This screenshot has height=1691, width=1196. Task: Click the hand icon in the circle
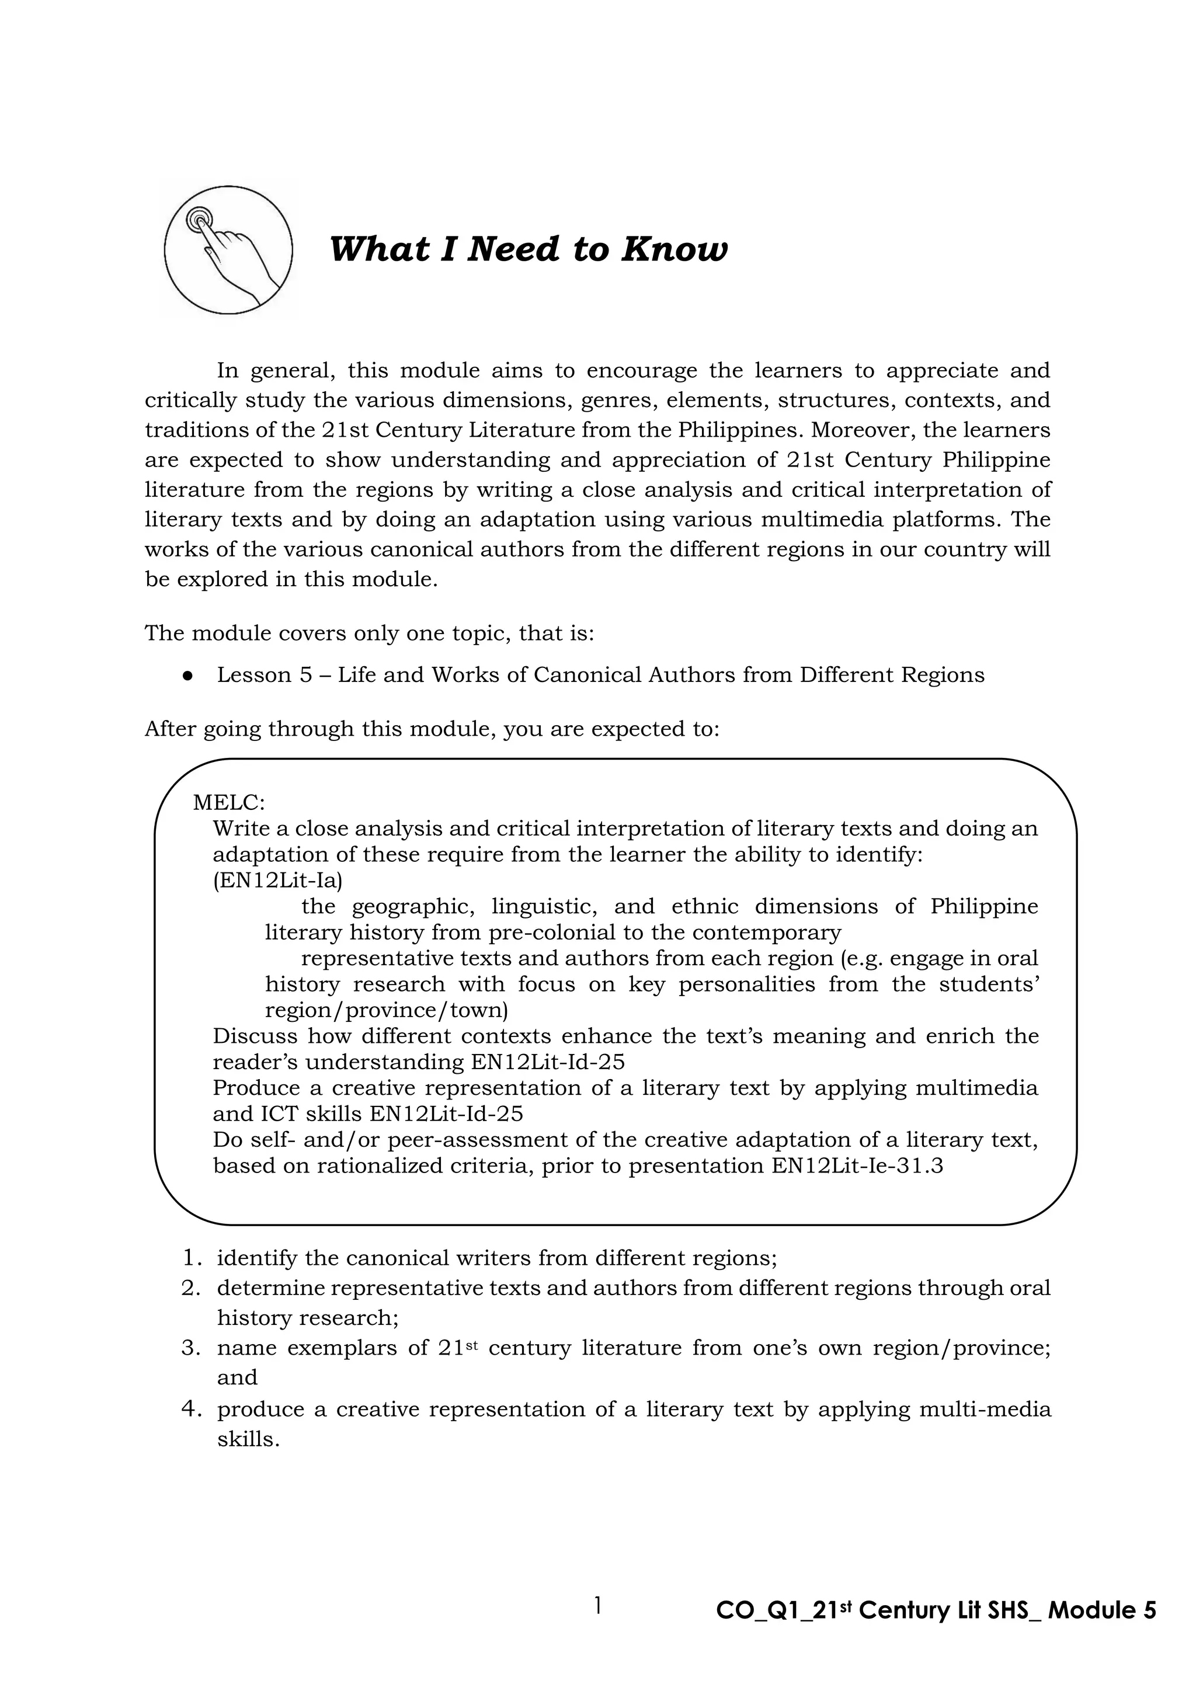(x=228, y=250)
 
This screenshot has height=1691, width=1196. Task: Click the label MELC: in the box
(x=229, y=802)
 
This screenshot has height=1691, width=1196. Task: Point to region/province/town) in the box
(x=386, y=1010)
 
